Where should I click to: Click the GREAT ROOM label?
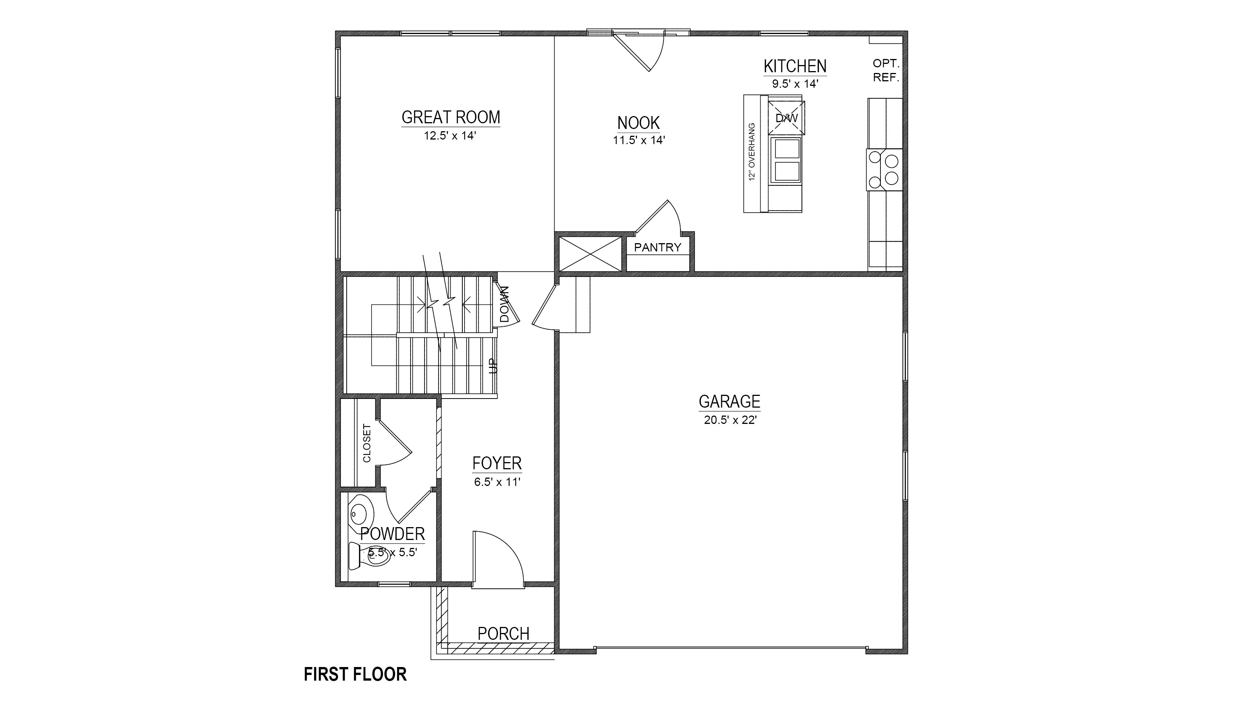tap(451, 118)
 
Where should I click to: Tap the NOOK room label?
tap(638, 122)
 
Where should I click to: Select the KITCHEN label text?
tap(795, 66)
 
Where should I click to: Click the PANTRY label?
tap(657, 248)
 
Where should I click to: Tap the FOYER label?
tap(497, 463)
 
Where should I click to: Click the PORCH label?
tap(503, 634)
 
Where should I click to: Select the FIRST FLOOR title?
tap(355, 674)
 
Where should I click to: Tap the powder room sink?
tap(361, 514)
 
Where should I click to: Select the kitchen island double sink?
tap(786, 160)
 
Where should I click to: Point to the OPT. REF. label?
tap(886, 70)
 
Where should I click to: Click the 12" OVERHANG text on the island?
tap(752, 152)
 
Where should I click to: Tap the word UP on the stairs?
tap(493, 366)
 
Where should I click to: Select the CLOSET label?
tap(367, 443)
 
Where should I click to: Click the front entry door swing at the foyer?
tap(498, 558)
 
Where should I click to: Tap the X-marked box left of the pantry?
tap(590, 254)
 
